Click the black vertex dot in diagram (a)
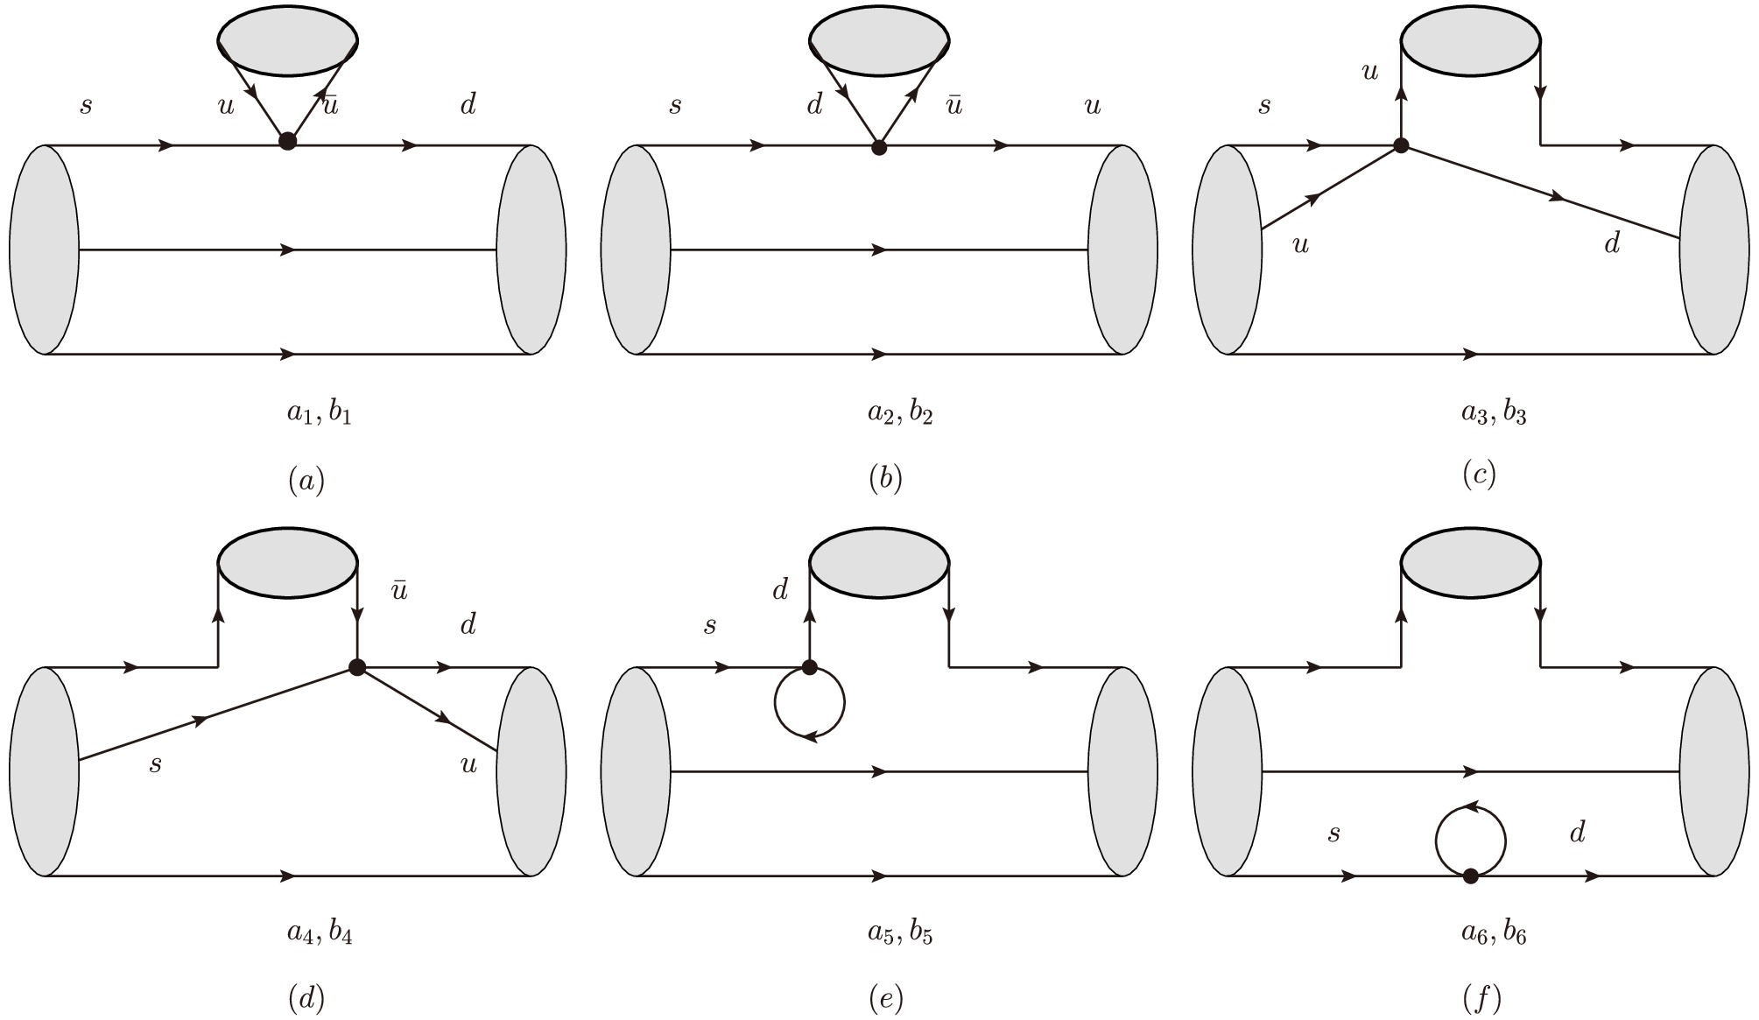point(286,141)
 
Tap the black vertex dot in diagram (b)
point(879,148)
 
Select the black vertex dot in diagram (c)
point(1401,146)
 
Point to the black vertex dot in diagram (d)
point(356,667)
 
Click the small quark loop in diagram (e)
point(809,703)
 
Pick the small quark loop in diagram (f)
point(1470,841)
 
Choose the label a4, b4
point(320,933)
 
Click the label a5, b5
point(900,933)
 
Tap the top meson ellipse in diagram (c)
point(1471,40)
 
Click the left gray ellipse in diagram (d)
point(44,771)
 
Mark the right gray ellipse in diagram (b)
point(1123,250)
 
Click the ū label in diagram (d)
point(399,591)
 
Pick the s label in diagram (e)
point(710,626)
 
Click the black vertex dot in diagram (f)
point(1471,876)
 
